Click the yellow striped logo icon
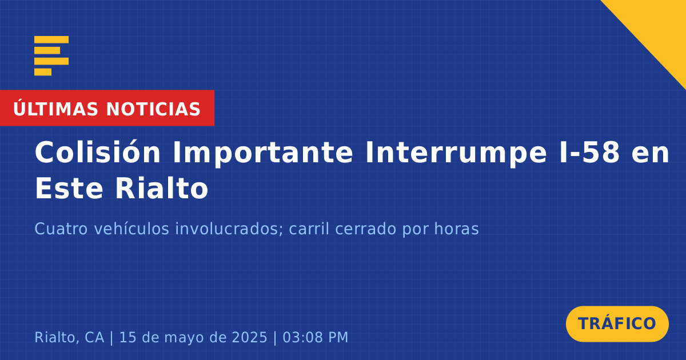tap(51, 56)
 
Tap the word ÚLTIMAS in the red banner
tap(55, 109)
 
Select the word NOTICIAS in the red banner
tap(153, 109)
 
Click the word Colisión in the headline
tap(97, 152)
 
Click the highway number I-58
tap(589, 153)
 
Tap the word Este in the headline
tap(69, 188)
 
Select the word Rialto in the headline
tap(162, 187)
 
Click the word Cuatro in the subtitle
tap(61, 229)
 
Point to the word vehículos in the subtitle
tap(131, 229)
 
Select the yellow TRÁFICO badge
tap(617, 324)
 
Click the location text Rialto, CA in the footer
tap(69, 337)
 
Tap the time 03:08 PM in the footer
tap(315, 337)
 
